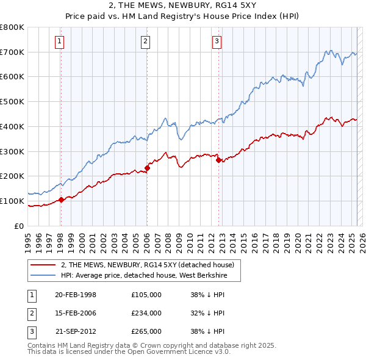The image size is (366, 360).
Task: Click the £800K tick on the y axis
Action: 12,27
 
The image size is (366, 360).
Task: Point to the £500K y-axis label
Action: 12,102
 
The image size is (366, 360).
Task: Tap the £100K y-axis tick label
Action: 12,201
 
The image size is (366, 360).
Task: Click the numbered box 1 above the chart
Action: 60,41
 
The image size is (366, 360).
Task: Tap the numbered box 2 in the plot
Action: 146,41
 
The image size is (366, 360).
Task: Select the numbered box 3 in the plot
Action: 217,41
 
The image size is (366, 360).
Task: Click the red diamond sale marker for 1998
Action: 61,200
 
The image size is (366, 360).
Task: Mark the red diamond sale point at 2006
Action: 147,168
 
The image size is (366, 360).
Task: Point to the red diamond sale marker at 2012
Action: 218,160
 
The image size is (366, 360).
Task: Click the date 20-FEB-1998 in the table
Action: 76,295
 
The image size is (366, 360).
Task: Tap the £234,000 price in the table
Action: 146,313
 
